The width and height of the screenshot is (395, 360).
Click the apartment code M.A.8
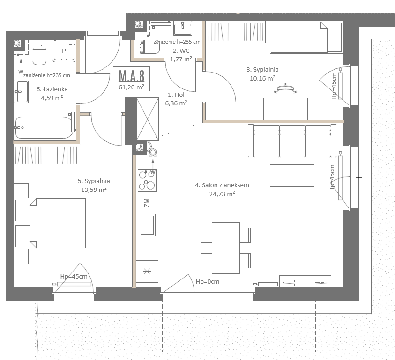click(x=132, y=76)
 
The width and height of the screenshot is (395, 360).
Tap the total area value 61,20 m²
click(x=132, y=88)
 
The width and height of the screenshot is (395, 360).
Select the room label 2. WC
click(x=181, y=51)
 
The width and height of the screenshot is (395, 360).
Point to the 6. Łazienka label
click(x=52, y=89)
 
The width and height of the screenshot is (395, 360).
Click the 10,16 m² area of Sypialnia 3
click(x=262, y=78)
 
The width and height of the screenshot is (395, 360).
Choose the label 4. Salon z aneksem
click(x=222, y=185)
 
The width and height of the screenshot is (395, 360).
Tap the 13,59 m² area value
click(x=94, y=190)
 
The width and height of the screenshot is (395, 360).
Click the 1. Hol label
click(x=176, y=95)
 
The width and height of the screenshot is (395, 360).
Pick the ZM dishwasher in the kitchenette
click(x=147, y=203)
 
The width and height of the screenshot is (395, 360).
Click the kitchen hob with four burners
click(x=147, y=181)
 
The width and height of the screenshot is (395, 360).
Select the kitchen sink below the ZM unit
click(x=147, y=225)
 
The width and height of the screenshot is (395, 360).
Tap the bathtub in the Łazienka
click(x=45, y=127)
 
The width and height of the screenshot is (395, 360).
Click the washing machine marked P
click(x=64, y=51)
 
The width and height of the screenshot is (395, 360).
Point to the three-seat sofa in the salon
click(x=292, y=140)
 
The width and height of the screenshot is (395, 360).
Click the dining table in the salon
click(x=226, y=248)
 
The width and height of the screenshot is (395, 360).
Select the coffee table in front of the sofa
click(x=292, y=176)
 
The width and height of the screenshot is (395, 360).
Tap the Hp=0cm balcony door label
click(x=208, y=282)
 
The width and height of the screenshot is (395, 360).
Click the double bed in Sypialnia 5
click(x=58, y=223)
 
